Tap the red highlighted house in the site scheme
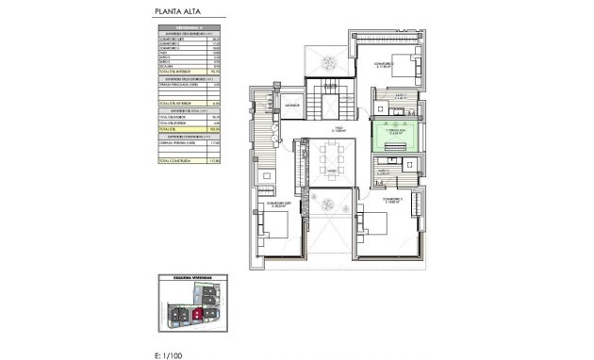(198, 314)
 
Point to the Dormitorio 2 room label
(394, 201)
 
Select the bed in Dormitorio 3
(401, 67)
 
